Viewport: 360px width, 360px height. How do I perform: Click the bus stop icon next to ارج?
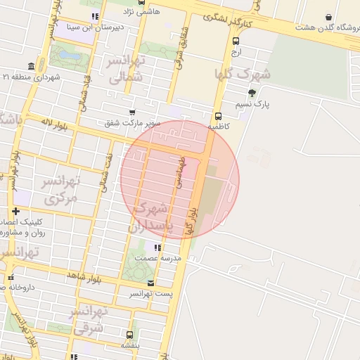[236, 41]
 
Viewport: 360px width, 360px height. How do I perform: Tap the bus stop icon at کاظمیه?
[218, 117]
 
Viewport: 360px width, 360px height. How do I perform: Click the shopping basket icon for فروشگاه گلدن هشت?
[328, 18]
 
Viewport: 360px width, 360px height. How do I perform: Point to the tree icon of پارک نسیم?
[252, 93]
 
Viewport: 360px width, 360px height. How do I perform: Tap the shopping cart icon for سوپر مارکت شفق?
[131, 112]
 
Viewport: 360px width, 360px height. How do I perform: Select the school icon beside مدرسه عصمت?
[157, 247]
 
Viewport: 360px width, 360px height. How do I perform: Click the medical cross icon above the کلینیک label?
[15, 211]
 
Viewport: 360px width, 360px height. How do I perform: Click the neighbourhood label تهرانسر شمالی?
[127, 69]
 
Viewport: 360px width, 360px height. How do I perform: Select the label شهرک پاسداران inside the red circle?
[150, 217]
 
